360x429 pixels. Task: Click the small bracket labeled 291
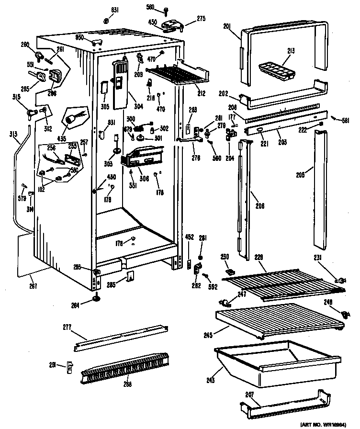click(x=70, y=368)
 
